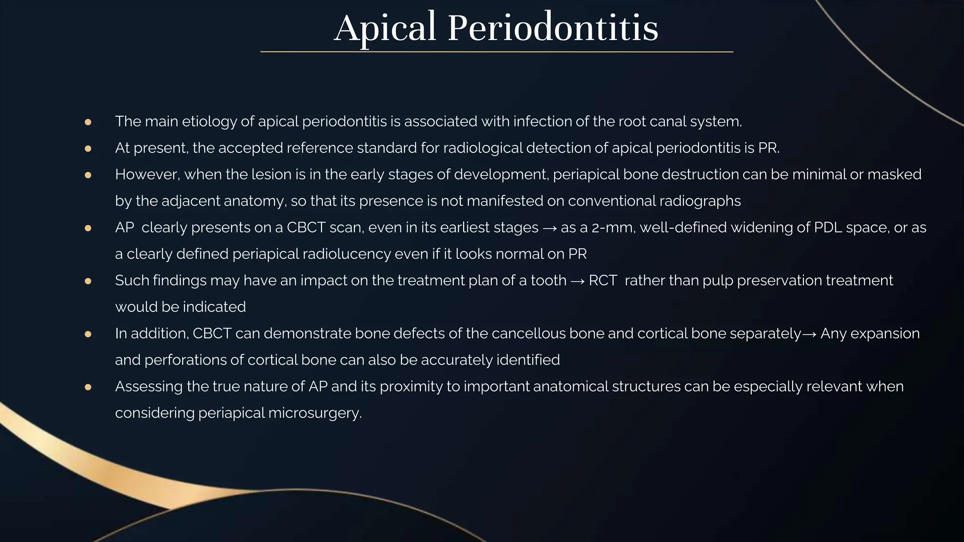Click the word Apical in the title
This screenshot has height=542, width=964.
(385, 28)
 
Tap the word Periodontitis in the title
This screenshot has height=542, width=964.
(553, 28)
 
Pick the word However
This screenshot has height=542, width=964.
(147, 175)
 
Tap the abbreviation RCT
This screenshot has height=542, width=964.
(602, 280)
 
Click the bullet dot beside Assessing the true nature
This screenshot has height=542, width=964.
(88, 387)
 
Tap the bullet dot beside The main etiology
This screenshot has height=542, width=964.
(88, 122)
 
